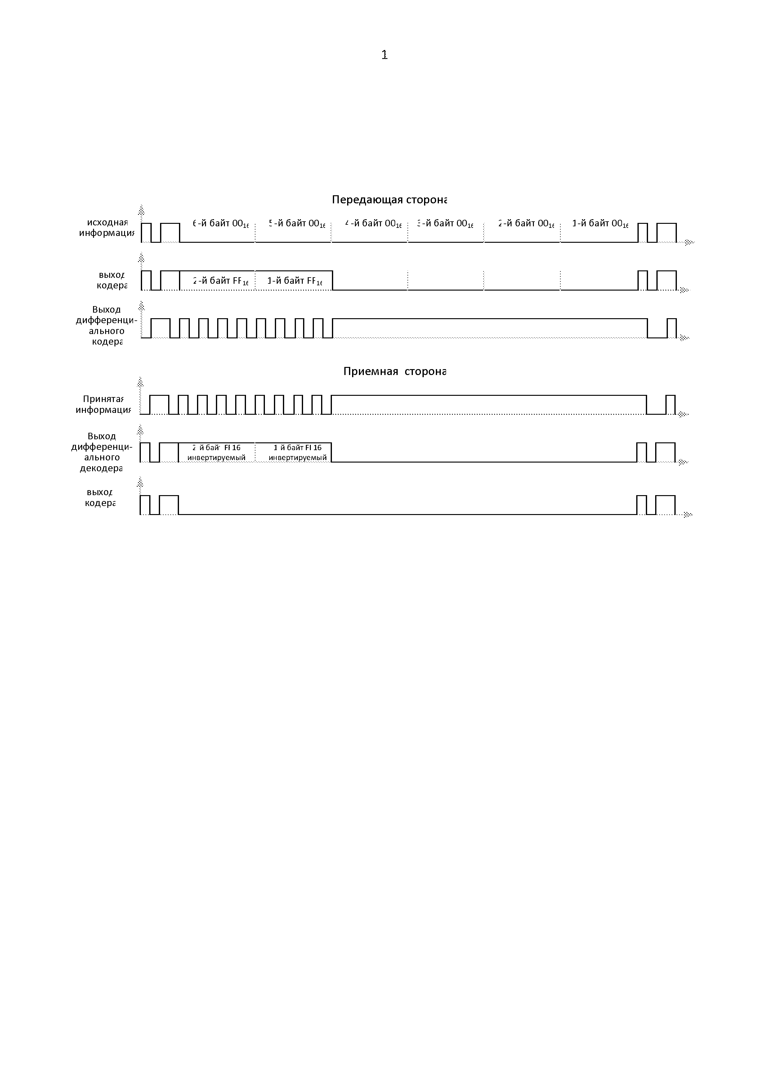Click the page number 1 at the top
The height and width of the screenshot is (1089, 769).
tap(384, 55)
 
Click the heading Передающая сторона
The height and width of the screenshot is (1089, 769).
tap(389, 200)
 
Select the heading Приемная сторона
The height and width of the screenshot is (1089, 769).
tap(395, 371)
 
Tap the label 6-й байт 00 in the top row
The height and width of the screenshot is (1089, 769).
tap(220, 224)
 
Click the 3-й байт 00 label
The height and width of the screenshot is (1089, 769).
tap(445, 224)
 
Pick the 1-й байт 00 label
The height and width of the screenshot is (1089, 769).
tap(600, 224)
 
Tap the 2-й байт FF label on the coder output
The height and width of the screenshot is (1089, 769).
tap(220, 281)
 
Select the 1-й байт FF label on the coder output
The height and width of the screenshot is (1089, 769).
tap(295, 281)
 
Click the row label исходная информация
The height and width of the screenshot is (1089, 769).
tap(107, 228)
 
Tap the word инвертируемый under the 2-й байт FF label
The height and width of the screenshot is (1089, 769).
tap(217, 458)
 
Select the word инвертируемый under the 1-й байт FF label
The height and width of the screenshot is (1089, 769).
tap(297, 458)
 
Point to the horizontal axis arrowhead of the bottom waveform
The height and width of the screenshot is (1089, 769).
tap(688, 515)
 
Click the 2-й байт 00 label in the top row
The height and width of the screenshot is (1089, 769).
tap(526, 224)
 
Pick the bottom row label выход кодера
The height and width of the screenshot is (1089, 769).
tap(100, 498)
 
